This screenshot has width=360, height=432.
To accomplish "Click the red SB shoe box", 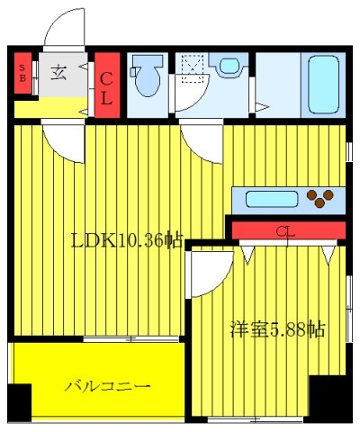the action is coord(22,73).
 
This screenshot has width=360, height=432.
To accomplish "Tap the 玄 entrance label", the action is coord(58,73).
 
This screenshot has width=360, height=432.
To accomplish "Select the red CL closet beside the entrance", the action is coord(107,85).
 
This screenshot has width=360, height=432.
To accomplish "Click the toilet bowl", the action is coord(147,76).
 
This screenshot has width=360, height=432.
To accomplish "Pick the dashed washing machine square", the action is coord(193,67).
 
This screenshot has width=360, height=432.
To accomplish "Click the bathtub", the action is coord(323,85).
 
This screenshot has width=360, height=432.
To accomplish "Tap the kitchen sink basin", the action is coord(272,199).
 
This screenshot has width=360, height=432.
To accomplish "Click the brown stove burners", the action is coord(320,198).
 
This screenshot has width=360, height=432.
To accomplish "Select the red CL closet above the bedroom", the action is coord(289,230).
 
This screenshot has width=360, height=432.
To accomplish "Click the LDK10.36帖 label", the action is coord(127,240).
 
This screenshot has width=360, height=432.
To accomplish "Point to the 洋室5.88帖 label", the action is coord(277,329).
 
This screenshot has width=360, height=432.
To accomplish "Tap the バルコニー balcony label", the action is coord(107,386).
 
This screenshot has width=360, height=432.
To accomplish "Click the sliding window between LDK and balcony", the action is coord(130,339).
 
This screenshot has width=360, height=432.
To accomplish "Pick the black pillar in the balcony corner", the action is coord(20,403).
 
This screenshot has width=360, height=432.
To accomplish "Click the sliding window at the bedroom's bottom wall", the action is coord(256,419).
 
